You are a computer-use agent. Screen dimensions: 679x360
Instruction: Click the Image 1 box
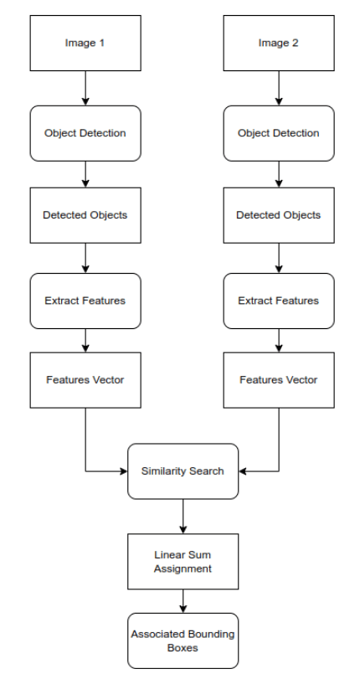pyautogui.click(x=85, y=43)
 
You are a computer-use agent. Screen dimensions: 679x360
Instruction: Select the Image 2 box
pyautogui.click(x=279, y=43)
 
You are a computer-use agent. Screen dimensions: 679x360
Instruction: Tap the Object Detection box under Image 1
pyautogui.click(x=85, y=133)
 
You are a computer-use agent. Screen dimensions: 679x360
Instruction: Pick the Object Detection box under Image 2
pyautogui.click(x=279, y=133)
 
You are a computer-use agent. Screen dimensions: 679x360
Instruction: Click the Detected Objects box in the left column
pyautogui.click(x=85, y=215)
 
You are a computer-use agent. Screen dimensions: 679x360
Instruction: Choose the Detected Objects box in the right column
pyautogui.click(x=279, y=215)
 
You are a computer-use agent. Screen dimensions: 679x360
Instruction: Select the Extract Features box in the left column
pyautogui.click(x=85, y=301)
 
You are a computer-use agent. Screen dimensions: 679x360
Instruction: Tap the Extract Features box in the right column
pyautogui.click(x=279, y=301)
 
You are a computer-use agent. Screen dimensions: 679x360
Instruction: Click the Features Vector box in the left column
pyautogui.click(x=85, y=379)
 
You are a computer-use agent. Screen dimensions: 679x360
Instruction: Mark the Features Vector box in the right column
pyautogui.click(x=279, y=379)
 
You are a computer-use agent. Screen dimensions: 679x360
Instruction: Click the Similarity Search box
pyautogui.click(x=183, y=471)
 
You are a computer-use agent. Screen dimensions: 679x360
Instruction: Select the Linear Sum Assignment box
pyautogui.click(x=183, y=562)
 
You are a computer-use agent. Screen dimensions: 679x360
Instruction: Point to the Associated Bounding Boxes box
pyautogui.click(x=183, y=640)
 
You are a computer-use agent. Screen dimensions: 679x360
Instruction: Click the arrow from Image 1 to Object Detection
pyautogui.click(x=85, y=88)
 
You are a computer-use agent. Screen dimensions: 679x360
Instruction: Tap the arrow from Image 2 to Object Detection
pyautogui.click(x=279, y=88)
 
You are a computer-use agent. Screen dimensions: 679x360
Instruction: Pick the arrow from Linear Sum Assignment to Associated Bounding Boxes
pyautogui.click(x=183, y=601)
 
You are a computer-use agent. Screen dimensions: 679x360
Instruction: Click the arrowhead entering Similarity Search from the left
pyautogui.click(x=122, y=471)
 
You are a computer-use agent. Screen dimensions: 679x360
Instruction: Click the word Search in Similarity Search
pyautogui.click(x=206, y=471)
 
